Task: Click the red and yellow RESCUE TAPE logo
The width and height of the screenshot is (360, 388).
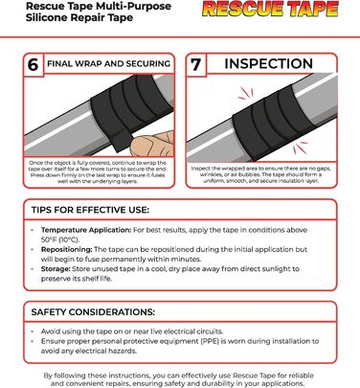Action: [270, 10]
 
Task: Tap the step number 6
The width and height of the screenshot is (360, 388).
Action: [33, 65]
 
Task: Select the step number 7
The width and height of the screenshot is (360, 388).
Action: [195, 64]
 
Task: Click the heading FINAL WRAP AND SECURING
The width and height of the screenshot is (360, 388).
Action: [108, 63]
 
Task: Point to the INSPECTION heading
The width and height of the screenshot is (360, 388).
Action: [268, 63]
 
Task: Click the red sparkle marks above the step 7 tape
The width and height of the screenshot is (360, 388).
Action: [245, 94]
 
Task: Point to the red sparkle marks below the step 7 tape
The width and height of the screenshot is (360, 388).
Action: [300, 148]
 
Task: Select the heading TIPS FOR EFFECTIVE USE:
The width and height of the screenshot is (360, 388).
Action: [90, 210]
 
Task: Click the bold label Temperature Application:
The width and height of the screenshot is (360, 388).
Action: [86, 230]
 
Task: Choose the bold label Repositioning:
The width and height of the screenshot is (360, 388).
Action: [66, 249]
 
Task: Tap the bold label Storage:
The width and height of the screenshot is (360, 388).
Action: [56, 269]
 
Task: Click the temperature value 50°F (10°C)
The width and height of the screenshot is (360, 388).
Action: [60, 240]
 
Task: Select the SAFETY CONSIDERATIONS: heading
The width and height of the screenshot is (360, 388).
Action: [93, 311]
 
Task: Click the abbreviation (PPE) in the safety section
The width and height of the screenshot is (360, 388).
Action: [210, 341]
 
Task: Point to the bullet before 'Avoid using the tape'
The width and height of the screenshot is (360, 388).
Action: [33, 331]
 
